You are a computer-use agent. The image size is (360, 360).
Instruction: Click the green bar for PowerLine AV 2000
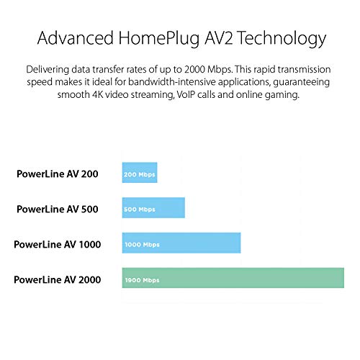pyautogui.click(x=233, y=278)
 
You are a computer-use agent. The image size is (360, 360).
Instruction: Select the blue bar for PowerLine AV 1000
pyautogui.click(x=181, y=243)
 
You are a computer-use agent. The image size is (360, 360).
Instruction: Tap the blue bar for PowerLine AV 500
pyautogui.click(x=153, y=207)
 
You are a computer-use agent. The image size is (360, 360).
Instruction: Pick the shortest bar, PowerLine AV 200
pyautogui.click(x=140, y=173)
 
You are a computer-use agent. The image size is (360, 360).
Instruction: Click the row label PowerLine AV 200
pyautogui.click(x=58, y=174)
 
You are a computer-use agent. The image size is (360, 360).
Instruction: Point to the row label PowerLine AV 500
pyautogui.click(x=58, y=209)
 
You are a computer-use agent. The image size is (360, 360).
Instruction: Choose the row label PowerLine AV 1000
pyautogui.click(x=58, y=244)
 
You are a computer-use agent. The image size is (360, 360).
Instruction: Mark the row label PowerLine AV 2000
pyautogui.click(x=58, y=279)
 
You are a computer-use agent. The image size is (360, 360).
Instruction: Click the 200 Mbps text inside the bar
pyautogui.click(x=140, y=175)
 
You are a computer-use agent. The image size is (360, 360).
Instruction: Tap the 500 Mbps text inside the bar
pyautogui.click(x=140, y=210)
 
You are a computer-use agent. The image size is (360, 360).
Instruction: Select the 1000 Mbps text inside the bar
pyautogui.click(x=142, y=245)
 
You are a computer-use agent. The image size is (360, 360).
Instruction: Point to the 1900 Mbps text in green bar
pyautogui.click(x=142, y=280)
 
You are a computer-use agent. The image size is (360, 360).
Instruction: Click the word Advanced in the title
pyautogui.click(x=76, y=38)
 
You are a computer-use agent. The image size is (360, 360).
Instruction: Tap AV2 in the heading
pyautogui.click(x=219, y=38)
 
